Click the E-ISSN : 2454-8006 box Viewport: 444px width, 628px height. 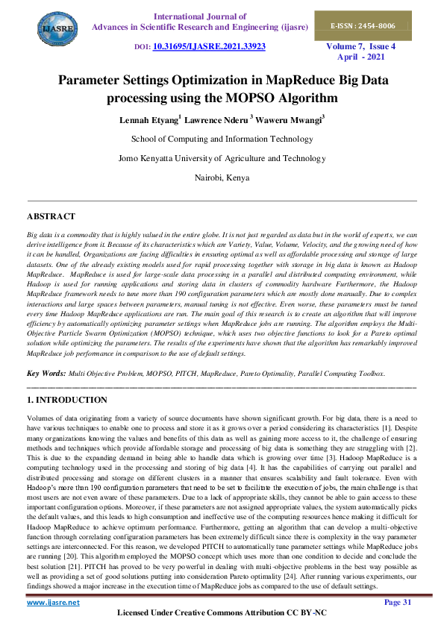(373, 26)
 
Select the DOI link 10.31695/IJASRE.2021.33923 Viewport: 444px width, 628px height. (209, 45)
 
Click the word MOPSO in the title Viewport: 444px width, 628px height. (281, 98)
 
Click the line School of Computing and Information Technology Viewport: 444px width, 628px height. (222, 139)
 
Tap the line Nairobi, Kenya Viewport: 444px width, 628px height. (222, 178)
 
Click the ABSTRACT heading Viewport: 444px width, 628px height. (51, 216)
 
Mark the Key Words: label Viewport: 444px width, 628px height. (46, 372)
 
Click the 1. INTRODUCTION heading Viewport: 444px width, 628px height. (66, 400)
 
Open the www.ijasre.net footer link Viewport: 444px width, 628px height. (53, 601)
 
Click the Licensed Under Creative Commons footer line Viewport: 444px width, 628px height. (222, 613)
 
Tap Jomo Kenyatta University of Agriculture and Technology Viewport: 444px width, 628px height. (222, 158)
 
